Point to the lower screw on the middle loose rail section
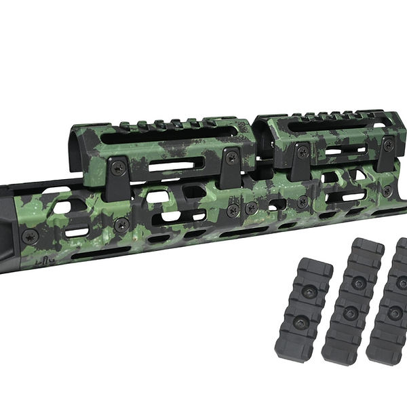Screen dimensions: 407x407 click(351, 313)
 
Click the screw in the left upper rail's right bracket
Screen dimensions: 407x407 click(231, 157)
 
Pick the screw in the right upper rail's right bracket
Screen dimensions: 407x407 click(388, 145)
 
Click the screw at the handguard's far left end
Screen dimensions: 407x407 click(29, 237)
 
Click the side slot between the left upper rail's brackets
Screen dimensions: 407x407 click(174, 164)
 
